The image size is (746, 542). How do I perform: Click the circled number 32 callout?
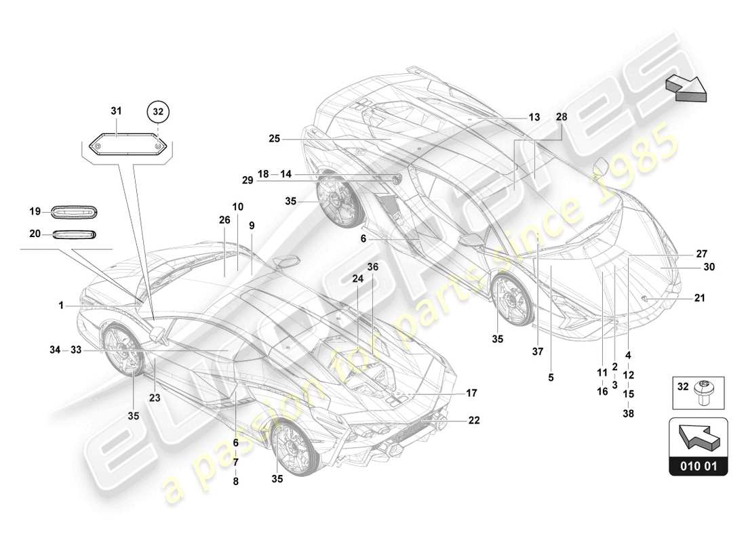pos(157,110)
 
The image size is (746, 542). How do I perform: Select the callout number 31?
pos(116,110)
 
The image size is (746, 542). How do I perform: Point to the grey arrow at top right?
pos(685,88)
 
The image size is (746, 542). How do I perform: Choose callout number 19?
pos(35,211)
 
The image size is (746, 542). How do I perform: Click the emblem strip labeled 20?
pos(75,234)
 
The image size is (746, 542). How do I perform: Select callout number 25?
pos(274,139)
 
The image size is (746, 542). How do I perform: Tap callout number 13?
pos(534,117)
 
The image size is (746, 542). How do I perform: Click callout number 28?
pos(562,117)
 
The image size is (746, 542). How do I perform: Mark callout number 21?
pos(699,297)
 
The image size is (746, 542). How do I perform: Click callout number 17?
pos(472,392)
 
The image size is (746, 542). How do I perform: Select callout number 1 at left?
pos(61,306)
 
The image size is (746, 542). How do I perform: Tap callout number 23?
pos(155,398)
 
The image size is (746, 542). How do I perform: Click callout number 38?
pos(628,414)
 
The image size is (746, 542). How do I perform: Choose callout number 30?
pos(709,267)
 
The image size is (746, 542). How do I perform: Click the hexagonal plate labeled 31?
pos(127,146)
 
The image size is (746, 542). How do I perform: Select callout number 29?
pos(247,180)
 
